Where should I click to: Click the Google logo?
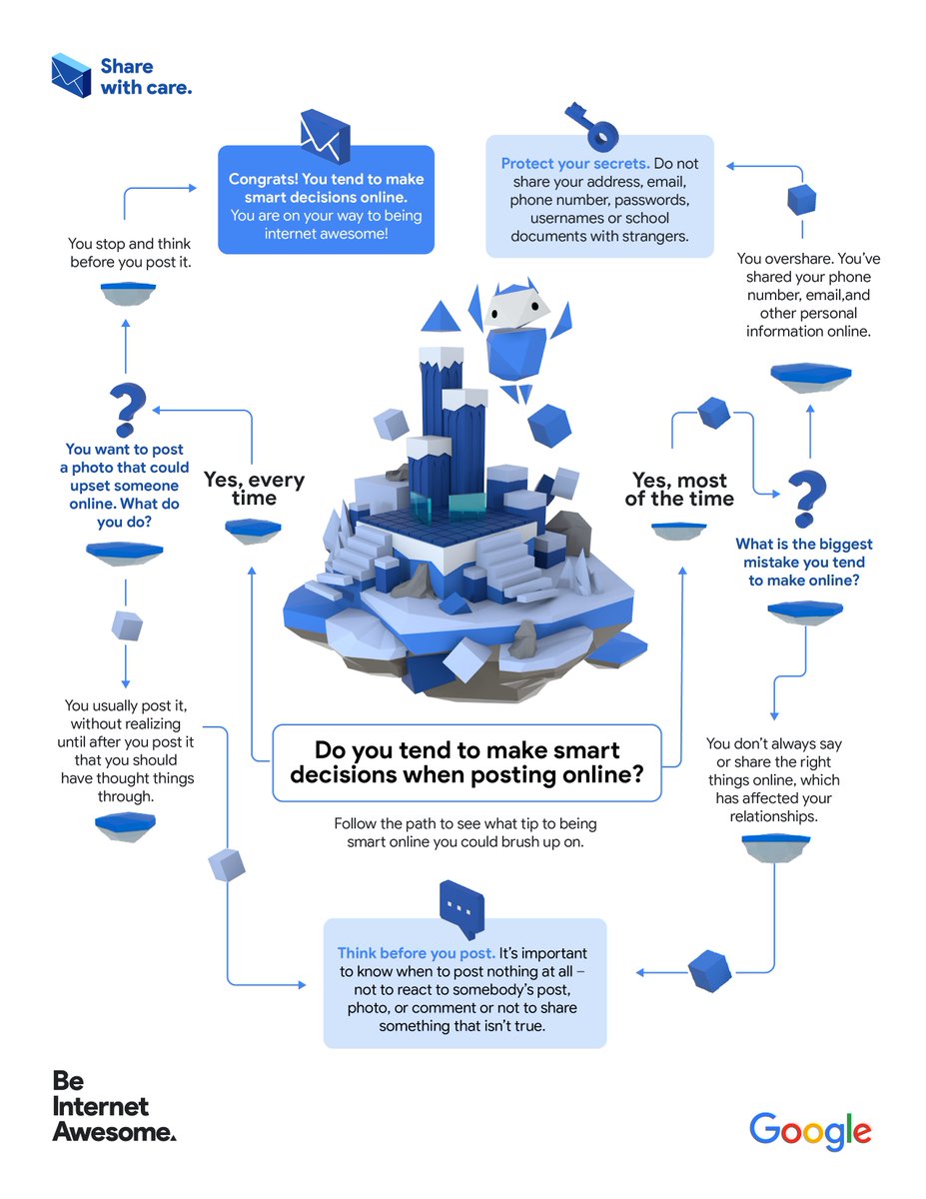coord(810,1131)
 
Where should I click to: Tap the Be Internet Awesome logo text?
coord(113,1106)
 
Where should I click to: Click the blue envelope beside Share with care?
coord(73,76)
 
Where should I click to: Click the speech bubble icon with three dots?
coord(461,905)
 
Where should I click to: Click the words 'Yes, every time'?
coord(254,489)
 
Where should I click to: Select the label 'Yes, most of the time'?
coord(679,490)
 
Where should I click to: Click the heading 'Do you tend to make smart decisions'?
coord(466,762)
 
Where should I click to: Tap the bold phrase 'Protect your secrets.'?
coord(575,164)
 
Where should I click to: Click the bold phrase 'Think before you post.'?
coord(416,953)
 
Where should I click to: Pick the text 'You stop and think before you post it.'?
coord(130,252)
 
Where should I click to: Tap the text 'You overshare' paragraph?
coord(808,294)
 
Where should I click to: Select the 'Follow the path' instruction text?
coord(465,832)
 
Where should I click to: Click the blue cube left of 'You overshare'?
coord(802,198)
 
